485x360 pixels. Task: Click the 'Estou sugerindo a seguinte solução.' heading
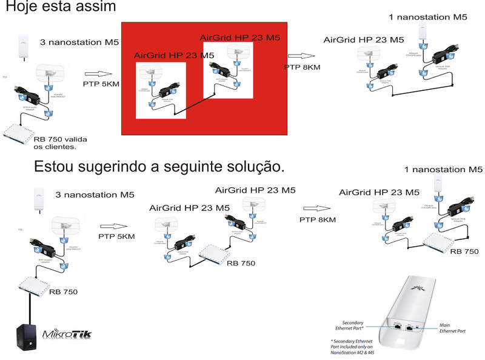tap(159, 165)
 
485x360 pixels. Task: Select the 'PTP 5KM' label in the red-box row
tap(101, 83)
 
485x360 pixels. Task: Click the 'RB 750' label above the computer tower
tap(64, 292)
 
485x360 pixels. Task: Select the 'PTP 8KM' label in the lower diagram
tap(318, 219)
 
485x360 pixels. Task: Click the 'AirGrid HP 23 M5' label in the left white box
tap(175, 55)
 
